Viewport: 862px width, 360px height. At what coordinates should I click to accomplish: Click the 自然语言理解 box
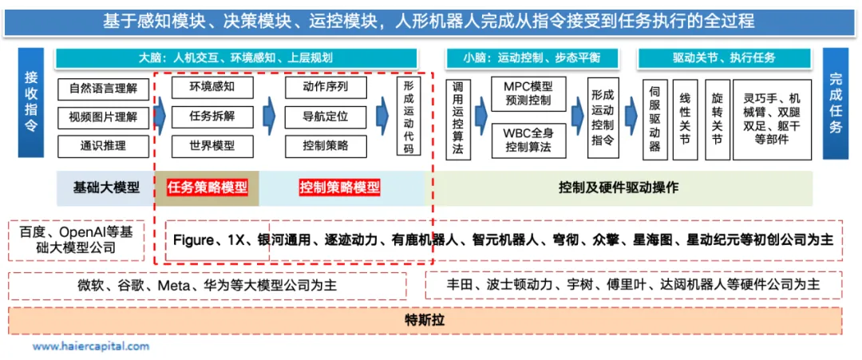[103, 89]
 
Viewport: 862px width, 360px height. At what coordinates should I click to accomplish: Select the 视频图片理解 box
[103, 117]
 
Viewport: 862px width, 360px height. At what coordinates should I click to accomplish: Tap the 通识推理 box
[103, 147]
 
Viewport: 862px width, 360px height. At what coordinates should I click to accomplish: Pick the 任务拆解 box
[212, 117]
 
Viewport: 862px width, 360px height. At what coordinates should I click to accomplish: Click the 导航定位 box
[325, 117]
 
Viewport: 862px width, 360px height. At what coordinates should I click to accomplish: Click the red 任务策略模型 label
[207, 188]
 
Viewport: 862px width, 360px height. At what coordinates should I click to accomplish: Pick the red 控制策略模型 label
[339, 188]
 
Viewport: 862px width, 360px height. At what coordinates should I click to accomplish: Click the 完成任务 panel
[835, 104]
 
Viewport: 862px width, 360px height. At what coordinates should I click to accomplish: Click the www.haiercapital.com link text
[90, 346]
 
